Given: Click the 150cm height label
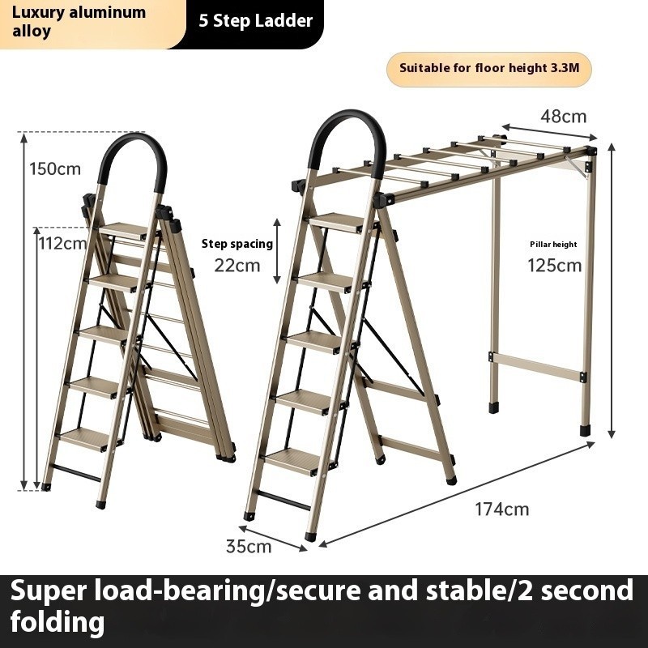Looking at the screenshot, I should [56, 168].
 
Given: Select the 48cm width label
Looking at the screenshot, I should [563, 116].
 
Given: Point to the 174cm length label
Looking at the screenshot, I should [502, 509].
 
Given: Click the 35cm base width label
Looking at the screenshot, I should [248, 546].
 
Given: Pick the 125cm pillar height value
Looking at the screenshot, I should [555, 265].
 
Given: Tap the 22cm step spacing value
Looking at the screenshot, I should [237, 265].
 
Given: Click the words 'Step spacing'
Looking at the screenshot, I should [237, 244].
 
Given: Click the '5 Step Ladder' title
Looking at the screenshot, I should [256, 21].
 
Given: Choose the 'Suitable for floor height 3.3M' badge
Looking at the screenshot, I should [489, 69].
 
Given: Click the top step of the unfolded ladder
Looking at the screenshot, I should [336, 221].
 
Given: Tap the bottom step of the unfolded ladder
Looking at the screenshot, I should [293, 460].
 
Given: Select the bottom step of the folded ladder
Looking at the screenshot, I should [84, 438].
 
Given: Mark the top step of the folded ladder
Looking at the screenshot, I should [124, 231].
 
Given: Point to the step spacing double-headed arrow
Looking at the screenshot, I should [276, 251].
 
